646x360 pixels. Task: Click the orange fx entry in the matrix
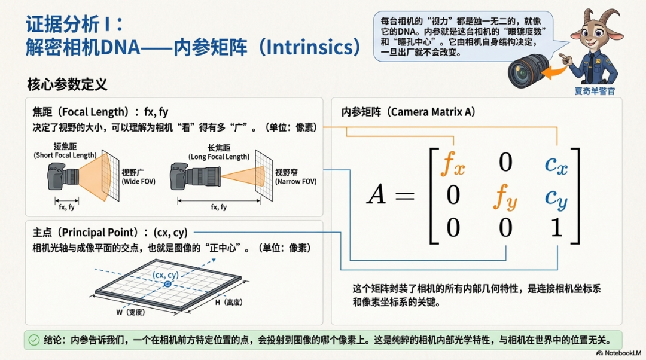click(453, 163)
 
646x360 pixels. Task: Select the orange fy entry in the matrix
click(505, 197)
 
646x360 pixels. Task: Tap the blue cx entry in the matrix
click(556, 165)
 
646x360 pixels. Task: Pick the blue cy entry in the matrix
click(556, 199)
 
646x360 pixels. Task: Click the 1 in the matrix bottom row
click(557, 227)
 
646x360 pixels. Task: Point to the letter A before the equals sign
click(377, 194)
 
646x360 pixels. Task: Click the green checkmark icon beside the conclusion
click(34, 340)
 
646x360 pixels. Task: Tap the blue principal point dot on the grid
click(167, 284)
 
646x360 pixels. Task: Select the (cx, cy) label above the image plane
click(166, 274)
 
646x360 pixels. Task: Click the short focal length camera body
click(57, 176)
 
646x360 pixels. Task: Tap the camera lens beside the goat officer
click(528, 71)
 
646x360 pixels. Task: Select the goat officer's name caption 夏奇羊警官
click(595, 91)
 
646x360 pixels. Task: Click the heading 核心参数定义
click(67, 84)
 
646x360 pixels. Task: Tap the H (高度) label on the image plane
click(228, 303)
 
